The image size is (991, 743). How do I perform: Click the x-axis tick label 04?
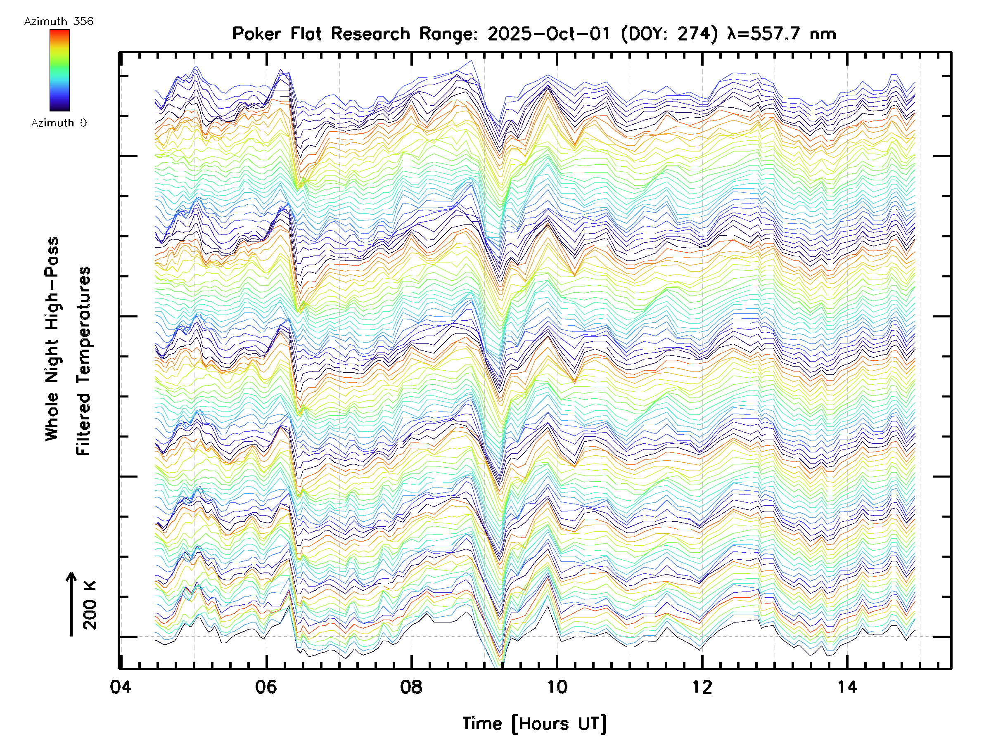[121, 686]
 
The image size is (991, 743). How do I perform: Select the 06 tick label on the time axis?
[266, 686]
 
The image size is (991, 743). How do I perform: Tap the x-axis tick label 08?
[411, 686]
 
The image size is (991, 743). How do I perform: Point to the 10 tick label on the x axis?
[557, 686]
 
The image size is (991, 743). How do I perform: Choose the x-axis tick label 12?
[702, 686]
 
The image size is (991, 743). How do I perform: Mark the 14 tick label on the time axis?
[847, 686]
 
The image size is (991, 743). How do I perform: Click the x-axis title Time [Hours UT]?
[534, 723]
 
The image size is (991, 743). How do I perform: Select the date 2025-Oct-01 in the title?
[549, 33]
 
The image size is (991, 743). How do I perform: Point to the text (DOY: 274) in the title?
[669, 33]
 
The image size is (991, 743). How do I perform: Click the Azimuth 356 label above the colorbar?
[59, 21]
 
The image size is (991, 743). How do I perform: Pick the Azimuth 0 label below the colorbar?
[59, 123]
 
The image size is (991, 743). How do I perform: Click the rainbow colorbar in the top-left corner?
[59, 70]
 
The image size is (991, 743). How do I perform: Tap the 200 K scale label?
[90, 605]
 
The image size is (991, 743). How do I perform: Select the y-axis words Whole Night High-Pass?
[52, 339]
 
